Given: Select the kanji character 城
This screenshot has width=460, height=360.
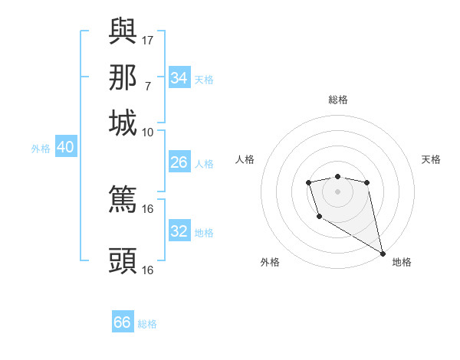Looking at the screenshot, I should tap(123, 123).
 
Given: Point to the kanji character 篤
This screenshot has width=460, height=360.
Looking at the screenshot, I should tap(123, 200).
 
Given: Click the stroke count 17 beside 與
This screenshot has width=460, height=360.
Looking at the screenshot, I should tap(148, 39).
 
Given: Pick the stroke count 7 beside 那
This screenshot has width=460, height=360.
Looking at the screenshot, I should tap(147, 86).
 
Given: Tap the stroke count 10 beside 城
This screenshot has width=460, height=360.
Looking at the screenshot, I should tap(148, 133).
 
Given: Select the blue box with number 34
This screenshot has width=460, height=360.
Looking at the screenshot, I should tap(179, 78).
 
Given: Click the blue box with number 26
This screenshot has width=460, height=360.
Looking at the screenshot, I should tap(179, 162).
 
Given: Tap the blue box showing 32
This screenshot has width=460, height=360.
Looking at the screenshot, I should tap(179, 231).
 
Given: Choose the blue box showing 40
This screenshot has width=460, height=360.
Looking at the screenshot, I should tap(65, 148).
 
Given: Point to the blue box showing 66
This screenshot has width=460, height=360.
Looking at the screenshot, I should tap(123, 322).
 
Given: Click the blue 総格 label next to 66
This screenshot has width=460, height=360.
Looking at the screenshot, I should tap(148, 324).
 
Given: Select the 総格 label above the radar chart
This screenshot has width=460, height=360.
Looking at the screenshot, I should tap(337, 100).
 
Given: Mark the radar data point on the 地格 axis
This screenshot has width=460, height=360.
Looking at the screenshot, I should tap(383, 254).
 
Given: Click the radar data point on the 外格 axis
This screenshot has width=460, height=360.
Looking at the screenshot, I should tap(319, 217).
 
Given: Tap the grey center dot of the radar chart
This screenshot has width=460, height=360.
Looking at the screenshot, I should tap(337, 191).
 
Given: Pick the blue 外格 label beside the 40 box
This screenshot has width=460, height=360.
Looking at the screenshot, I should tap(40, 149).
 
